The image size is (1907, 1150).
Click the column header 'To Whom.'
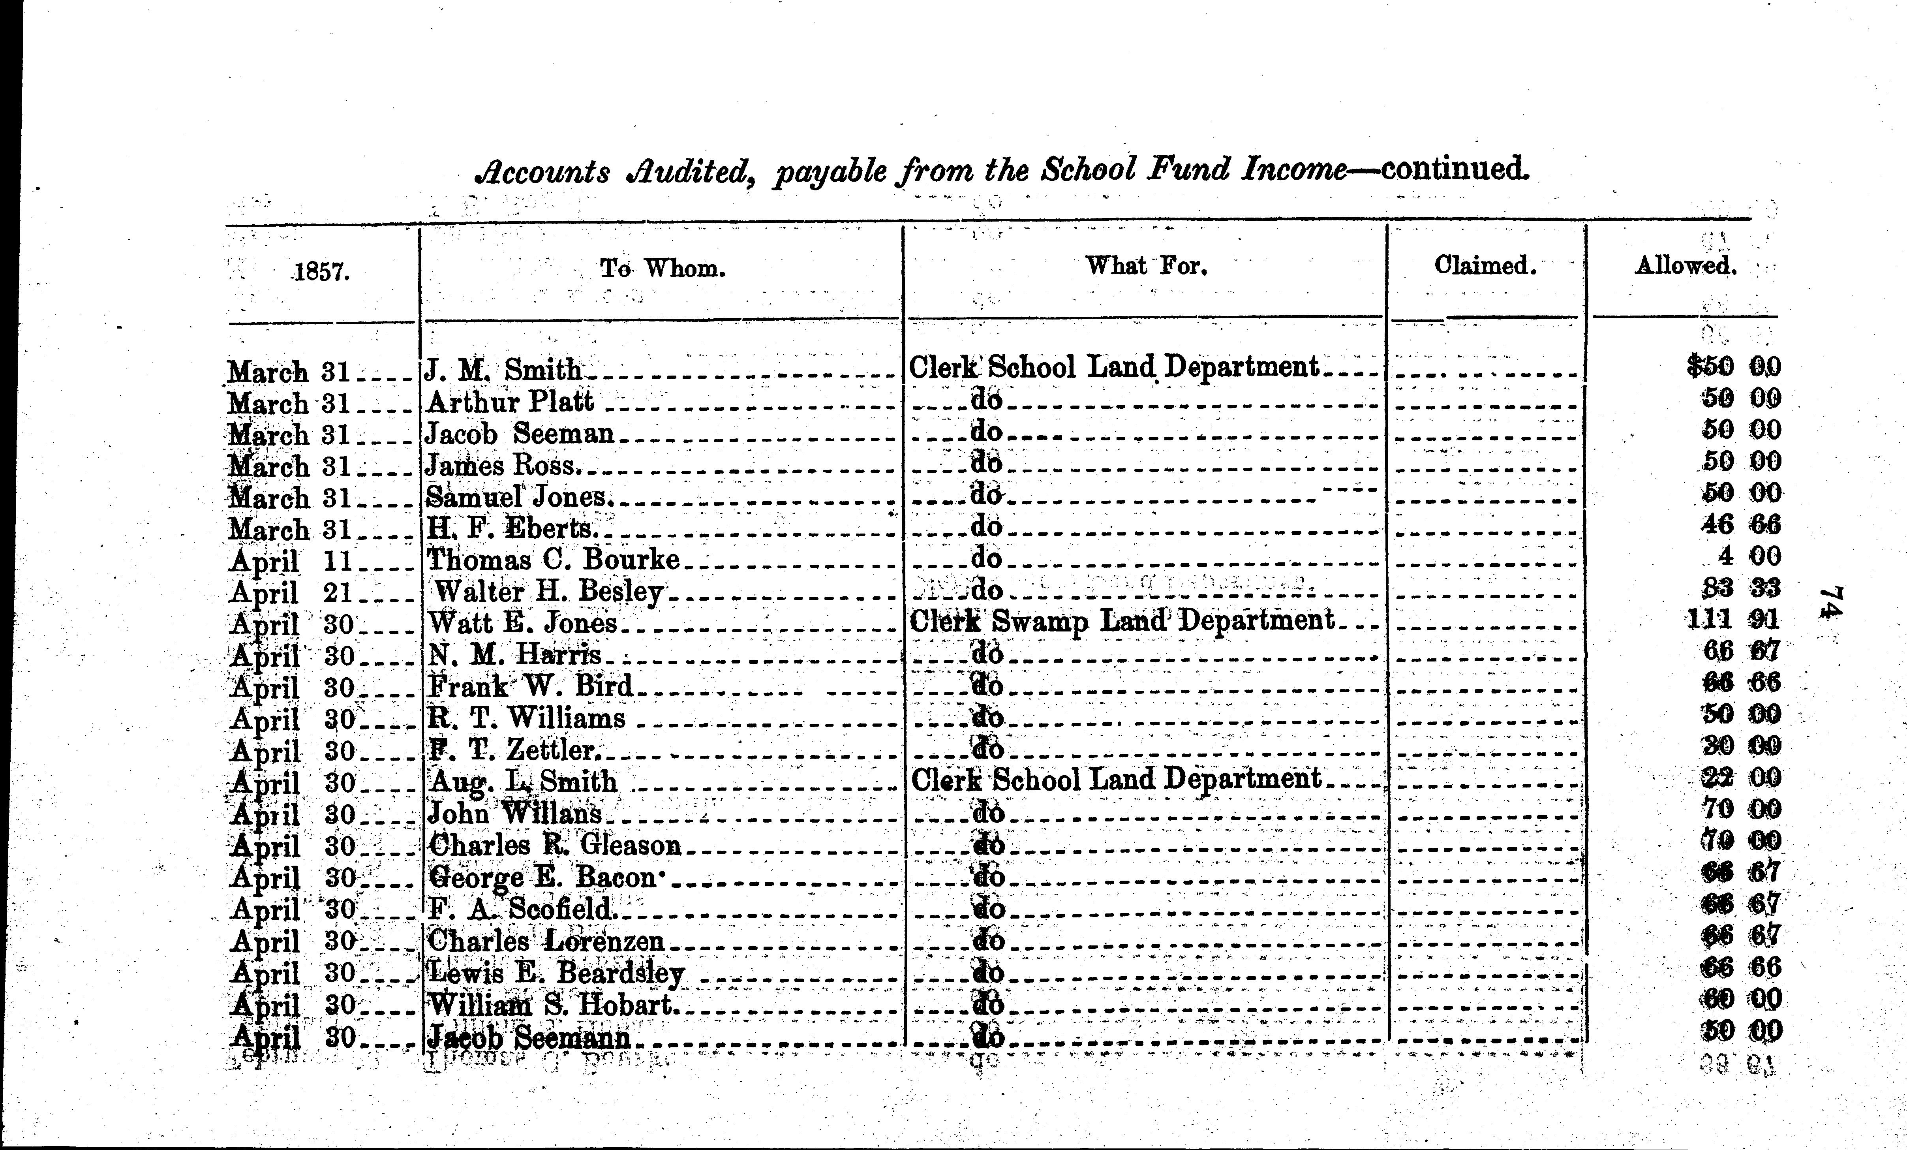pos(663,269)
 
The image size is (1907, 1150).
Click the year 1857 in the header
pos(322,272)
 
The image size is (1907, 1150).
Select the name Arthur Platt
pos(510,402)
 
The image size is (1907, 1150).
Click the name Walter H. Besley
pos(549,592)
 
